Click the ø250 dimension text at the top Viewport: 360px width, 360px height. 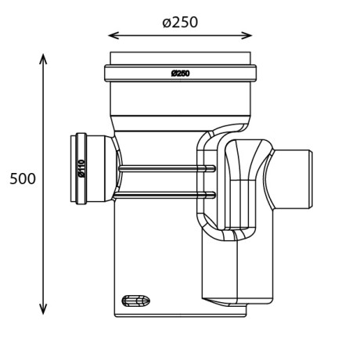[x=180, y=22]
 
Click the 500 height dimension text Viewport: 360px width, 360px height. [x=23, y=179]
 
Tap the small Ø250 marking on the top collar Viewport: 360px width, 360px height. [x=180, y=74]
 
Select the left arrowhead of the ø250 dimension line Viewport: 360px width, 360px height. [x=112, y=35]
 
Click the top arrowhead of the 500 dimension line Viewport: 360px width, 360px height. [x=43, y=59]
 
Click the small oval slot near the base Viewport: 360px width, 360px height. [x=136, y=301]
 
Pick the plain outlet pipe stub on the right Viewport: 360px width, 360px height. [x=296, y=178]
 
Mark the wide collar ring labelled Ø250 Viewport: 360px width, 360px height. [x=180, y=74]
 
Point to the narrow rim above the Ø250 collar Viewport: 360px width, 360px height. [x=180, y=59]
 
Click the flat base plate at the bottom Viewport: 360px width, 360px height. [x=180, y=313]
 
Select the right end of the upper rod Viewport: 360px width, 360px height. [x=212, y=168]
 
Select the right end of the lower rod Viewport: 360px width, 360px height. [x=212, y=194]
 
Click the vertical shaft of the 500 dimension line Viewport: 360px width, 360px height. [x=43, y=235]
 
